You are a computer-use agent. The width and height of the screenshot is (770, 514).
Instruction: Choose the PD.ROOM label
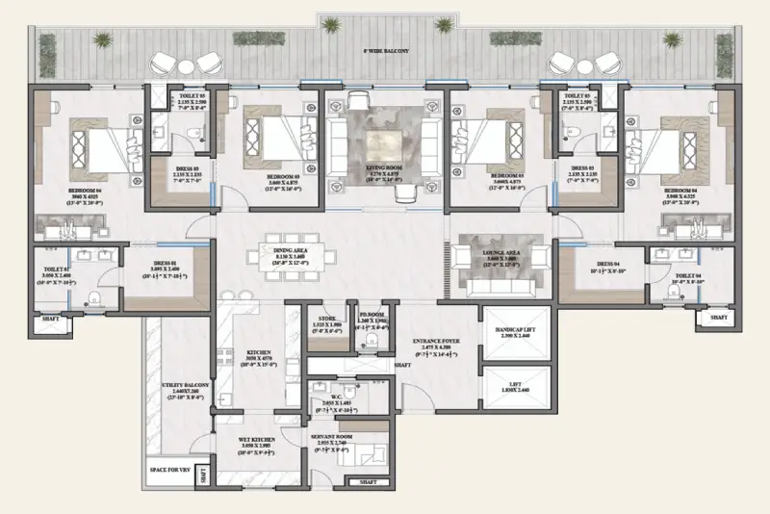371,321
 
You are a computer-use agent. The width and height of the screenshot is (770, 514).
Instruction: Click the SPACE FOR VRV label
167,471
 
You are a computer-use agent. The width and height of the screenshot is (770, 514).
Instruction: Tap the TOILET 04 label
685,274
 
